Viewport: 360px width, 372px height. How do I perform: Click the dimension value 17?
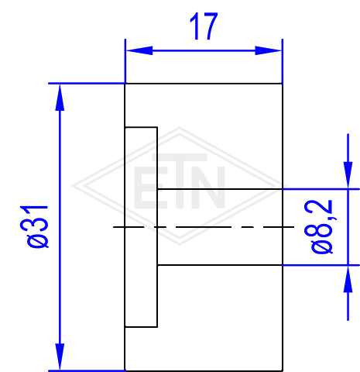point(204,26)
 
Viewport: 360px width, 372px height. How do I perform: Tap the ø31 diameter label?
point(34,226)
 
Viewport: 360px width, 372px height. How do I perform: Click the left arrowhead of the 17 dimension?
point(139,50)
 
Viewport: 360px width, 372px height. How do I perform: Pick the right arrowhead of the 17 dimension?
point(269,50)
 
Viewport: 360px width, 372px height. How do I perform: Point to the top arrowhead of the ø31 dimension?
point(60,98)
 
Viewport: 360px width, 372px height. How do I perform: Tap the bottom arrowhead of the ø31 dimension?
point(60,356)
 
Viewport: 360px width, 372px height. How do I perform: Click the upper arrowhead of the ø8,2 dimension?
point(348,175)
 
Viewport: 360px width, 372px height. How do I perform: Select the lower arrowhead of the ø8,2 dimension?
point(348,279)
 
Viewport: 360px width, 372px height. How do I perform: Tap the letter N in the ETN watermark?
point(210,188)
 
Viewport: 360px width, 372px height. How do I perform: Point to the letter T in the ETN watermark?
point(180,181)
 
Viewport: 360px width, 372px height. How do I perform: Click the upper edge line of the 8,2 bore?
point(220,189)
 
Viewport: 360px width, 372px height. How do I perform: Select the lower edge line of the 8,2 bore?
point(220,265)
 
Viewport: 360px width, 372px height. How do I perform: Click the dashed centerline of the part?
point(204,227)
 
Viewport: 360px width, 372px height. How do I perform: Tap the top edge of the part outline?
point(204,84)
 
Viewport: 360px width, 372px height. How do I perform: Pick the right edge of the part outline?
point(283,227)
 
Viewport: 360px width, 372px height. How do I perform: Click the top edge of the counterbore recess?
point(141,127)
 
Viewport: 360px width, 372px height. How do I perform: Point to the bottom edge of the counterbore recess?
point(141,327)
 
